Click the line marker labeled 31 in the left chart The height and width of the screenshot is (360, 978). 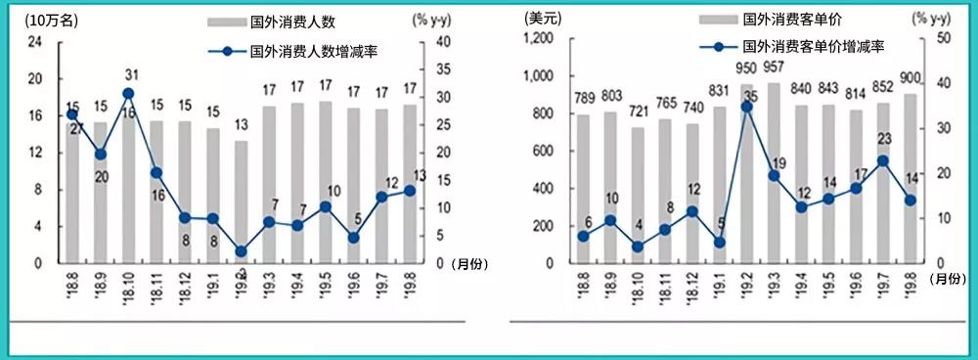coord(128,94)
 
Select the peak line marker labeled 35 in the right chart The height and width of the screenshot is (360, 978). coord(747,106)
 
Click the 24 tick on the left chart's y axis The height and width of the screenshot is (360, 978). coord(35,41)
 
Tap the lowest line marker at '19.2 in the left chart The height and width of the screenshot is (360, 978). coord(242,251)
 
